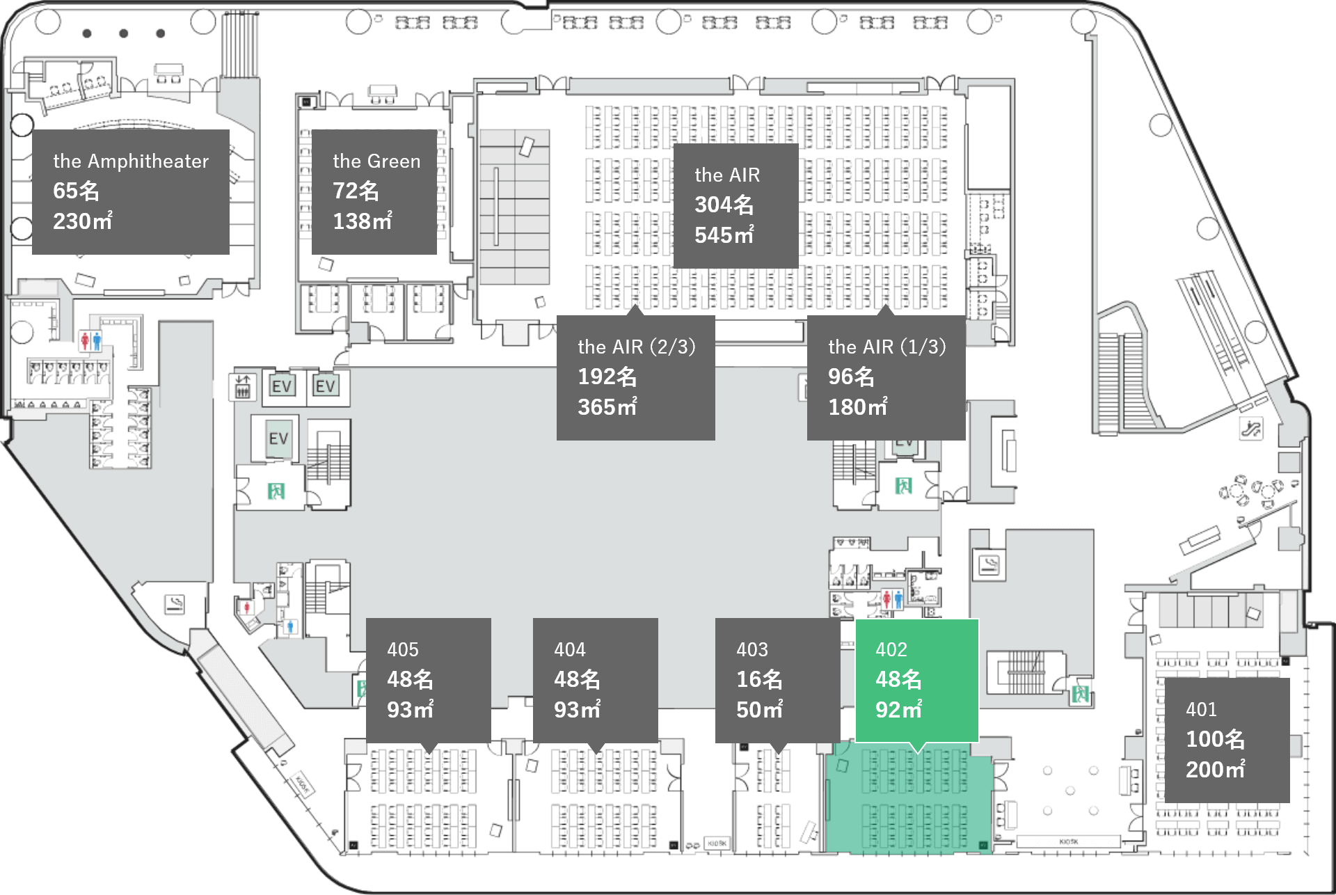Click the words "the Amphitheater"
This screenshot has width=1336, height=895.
[x=131, y=161]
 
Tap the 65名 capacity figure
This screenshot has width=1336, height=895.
[x=76, y=191]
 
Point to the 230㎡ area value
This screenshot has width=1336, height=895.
[x=82, y=221]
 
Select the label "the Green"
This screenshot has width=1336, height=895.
[x=376, y=161]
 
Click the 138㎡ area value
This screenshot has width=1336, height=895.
[x=362, y=221]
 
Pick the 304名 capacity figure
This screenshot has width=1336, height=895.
[x=724, y=205]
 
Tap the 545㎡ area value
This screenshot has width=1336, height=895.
[x=724, y=235]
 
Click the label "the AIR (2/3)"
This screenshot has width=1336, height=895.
[x=636, y=347]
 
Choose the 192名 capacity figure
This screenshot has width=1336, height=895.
[x=607, y=377]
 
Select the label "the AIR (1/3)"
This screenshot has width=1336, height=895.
[x=886, y=347]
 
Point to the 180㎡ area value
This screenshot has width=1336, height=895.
[x=857, y=407]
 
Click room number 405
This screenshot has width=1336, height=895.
[x=403, y=650]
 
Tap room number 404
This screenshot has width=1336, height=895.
[x=570, y=650]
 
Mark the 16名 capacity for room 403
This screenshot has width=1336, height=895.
[x=759, y=679]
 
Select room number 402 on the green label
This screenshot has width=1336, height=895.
[x=891, y=650]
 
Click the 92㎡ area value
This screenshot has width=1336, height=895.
[x=898, y=710]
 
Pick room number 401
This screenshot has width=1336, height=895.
[x=1201, y=710]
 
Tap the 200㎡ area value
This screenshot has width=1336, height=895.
[x=1215, y=770]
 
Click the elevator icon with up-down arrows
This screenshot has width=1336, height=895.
[x=242, y=386]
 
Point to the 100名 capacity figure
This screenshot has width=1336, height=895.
[x=1215, y=739]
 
